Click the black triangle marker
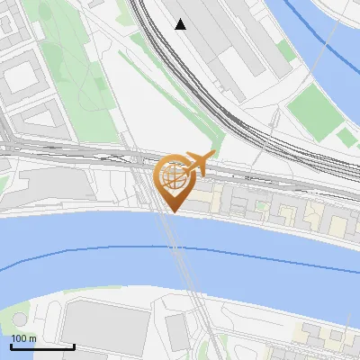tap(181, 24)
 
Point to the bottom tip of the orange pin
tap(173, 211)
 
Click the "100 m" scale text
tap(23, 337)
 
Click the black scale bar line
tap(42, 346)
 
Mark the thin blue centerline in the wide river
tap(90, 247)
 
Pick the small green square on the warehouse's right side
tap(285, 50)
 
